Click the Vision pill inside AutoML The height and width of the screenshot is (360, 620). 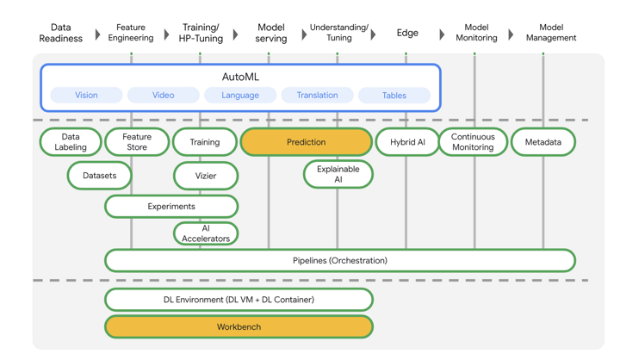[86, 96]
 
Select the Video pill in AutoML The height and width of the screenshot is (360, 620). [164, 96]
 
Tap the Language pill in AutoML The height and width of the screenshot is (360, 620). [240, 96]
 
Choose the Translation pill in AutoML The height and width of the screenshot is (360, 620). [317, 96]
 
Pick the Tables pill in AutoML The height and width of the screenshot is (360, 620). [394, 96]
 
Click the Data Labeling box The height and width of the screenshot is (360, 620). [71, 142]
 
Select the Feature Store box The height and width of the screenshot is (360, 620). [137, 142]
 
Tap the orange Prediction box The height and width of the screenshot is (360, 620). [307, 142]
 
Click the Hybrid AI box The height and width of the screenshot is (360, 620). [407, 142]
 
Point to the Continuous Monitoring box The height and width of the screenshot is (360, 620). [473, 142]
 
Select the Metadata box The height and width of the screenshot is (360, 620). [542, 142]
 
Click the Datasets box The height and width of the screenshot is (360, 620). [100, 176]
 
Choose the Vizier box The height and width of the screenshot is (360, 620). [206, 176]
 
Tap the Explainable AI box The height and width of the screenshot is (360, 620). [338, 175]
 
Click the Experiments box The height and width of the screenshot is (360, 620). [171, 207]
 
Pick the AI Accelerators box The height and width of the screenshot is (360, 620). [206, 233]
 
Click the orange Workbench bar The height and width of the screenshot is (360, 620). [239, 327]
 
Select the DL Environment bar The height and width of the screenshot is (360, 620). [239, 300]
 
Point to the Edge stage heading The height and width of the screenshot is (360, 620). [407, 34]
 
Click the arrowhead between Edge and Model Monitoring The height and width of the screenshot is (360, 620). [443, 35]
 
